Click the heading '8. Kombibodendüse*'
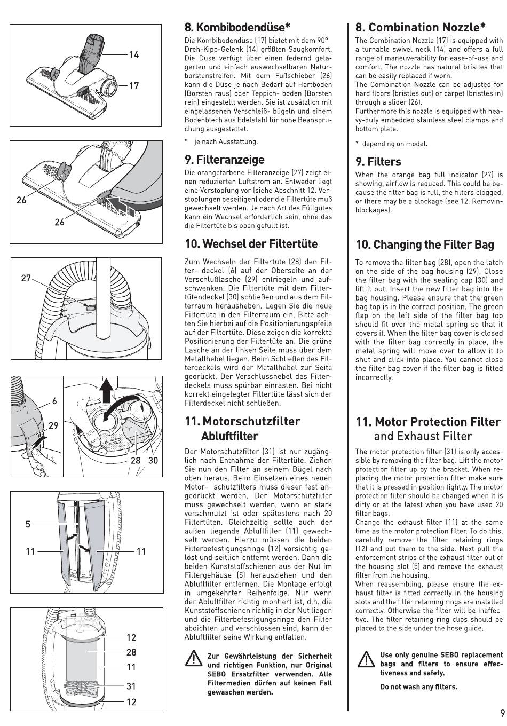click(237, 27)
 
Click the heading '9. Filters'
click(378, 161)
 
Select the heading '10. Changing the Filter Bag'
click(425, 244)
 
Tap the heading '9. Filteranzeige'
click(224, 160)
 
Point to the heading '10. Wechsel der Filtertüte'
click(251, 244)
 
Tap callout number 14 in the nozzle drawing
click(133, 54)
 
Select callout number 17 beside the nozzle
click(133, 85)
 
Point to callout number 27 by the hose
click(26, 278)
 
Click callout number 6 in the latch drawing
click(54, 401)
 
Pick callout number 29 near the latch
click(53, 425)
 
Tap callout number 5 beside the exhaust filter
click(28, 524)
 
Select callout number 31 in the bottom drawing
click(131, 686)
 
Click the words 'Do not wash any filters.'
click(418, 687)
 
